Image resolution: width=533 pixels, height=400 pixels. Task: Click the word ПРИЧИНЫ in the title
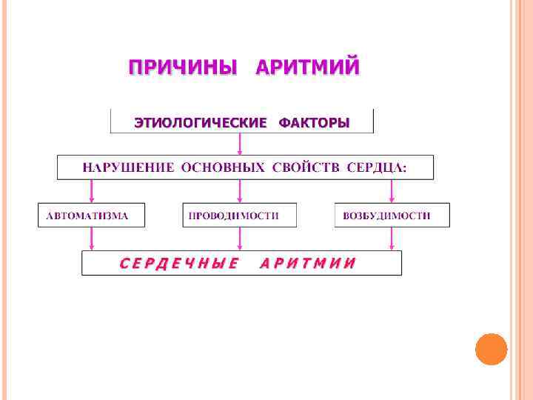[183, 68]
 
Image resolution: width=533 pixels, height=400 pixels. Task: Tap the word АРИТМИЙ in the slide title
[307, 68]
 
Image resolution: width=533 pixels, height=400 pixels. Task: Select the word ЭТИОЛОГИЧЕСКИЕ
[199, 122]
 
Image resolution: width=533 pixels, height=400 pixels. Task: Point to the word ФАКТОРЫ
[314, 122]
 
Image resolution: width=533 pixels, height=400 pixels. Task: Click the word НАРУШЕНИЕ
[128, 167]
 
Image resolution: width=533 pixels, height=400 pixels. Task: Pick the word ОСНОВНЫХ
[222, 167]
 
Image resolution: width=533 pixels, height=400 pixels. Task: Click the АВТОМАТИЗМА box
[92, 215]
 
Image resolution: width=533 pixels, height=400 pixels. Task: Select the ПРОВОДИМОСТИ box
[239, 215]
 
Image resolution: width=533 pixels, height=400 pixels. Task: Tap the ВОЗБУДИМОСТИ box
[392, 215]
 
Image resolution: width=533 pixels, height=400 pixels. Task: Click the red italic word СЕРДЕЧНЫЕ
[178, 263]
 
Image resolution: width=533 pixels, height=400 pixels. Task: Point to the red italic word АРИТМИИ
[307, 263]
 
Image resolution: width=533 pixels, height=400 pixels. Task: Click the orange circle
[491, 349]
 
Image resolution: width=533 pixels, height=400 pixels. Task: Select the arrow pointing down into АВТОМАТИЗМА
[92, 191]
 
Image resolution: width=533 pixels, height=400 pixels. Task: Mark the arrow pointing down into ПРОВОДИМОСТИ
[238, 191]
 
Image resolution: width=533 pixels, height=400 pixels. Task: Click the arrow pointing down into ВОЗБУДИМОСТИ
[392, 191]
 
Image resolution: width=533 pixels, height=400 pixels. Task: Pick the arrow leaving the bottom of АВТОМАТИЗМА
[92, 239]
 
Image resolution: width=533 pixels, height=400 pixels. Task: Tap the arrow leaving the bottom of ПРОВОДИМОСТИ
[238, 239]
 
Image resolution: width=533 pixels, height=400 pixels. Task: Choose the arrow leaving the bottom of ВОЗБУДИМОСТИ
[392, 239]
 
